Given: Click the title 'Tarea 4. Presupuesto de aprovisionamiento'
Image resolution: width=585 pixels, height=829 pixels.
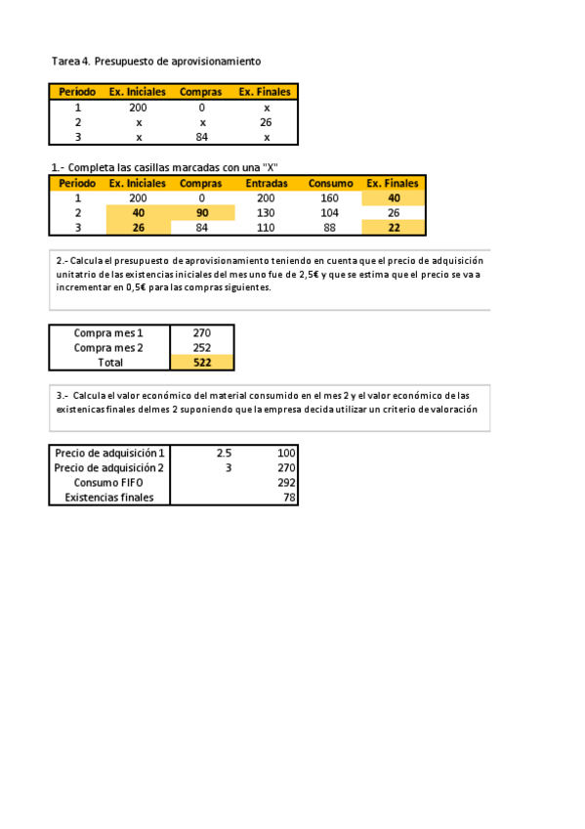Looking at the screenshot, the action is point(156,61).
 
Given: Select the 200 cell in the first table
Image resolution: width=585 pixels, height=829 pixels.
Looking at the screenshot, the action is point(138,108).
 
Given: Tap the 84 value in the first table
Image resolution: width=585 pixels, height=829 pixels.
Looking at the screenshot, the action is point(202,138).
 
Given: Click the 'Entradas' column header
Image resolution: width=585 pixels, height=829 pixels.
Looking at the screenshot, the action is point(266,183).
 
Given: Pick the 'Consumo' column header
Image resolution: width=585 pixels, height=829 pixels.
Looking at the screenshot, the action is point(330,183).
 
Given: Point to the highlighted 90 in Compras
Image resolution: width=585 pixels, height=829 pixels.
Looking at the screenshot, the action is point(202,212).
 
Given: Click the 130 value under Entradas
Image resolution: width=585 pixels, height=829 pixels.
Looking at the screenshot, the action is point(266,212).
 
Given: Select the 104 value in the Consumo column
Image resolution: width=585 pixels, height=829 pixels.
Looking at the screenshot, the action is point(330,212).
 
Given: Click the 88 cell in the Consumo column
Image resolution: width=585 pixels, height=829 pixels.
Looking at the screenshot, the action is point(330,228).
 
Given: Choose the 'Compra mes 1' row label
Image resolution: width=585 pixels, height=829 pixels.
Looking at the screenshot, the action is point(108,332).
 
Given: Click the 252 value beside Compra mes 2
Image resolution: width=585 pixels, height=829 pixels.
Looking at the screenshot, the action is point(202,347).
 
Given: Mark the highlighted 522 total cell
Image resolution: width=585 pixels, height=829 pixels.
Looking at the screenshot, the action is point(202,362).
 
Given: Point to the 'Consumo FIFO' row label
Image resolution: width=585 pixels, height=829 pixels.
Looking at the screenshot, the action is point(108,483).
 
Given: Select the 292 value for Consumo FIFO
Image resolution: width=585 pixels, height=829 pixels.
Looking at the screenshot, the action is point(286,483).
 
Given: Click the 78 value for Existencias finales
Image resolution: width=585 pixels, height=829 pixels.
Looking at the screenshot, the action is point(289,498).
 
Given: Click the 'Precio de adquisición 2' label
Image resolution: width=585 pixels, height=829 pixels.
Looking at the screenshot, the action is point(108,468).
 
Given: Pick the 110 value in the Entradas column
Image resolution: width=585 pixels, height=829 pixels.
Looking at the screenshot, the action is point(266,228).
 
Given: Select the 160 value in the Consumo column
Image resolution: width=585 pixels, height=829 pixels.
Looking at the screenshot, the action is point(330,197).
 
